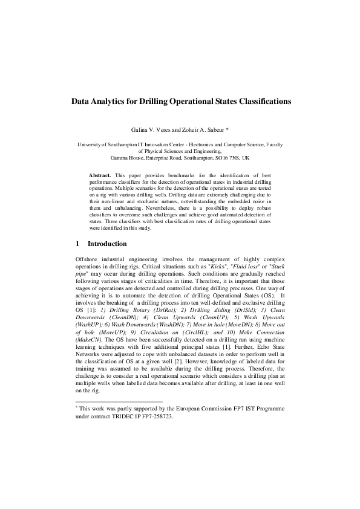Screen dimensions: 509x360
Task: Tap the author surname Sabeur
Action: (211, 130)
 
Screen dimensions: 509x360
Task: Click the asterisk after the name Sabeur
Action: (227, 129)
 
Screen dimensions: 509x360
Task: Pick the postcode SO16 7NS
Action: (221, 157)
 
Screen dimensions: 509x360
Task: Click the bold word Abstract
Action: (100, 174)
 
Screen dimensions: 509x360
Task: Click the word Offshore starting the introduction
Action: (85, 258)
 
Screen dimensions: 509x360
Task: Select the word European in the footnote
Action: (197, 409)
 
